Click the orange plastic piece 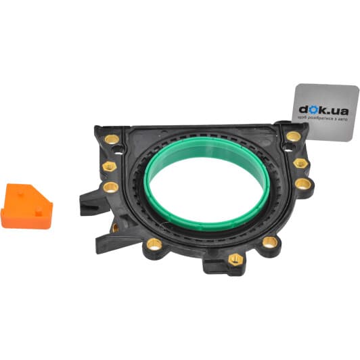click(26, 206)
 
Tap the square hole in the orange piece click(39, 213)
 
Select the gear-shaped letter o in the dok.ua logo click(312, 110)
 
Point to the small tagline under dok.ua click(323, 118)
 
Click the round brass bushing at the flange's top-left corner click(112, 139)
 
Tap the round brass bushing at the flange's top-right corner click(294, 137)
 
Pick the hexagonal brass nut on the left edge click(110, 166)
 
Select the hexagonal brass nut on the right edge click(300, 163)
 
